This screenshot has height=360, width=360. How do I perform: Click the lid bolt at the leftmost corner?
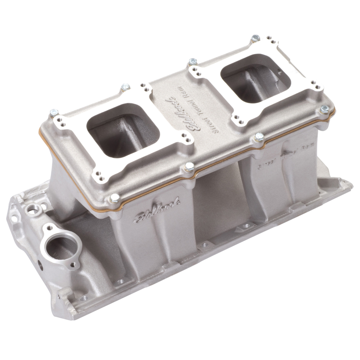tap(54, 113)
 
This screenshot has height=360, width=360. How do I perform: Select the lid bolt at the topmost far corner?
tap(255, 38)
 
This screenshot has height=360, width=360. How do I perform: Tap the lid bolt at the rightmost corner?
tap(324, 109)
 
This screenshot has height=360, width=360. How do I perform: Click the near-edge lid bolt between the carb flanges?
tap(189, 167)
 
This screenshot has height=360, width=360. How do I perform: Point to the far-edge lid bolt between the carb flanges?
tap(193, 62)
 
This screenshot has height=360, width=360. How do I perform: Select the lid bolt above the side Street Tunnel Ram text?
tap(259, 136)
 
